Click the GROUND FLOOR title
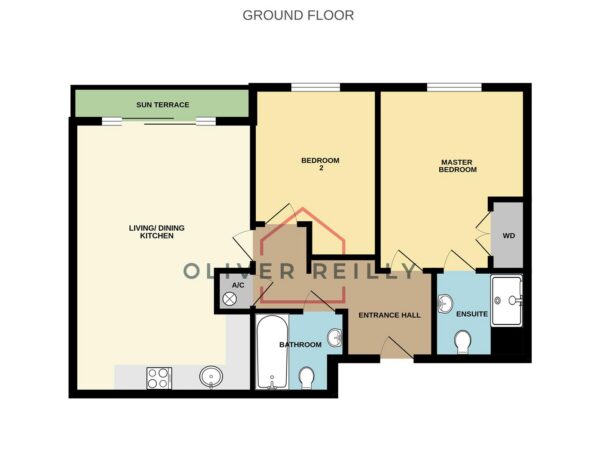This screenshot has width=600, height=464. pos(298,15)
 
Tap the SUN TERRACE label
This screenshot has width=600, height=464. pos(163,104)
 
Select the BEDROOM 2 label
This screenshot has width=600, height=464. pos(320,164)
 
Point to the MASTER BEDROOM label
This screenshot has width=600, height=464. pos(458,166)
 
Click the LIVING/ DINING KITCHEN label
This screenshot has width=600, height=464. pos(157,232)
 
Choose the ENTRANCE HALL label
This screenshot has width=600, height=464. pos(390,315)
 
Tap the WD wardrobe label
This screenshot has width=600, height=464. pos(509,236)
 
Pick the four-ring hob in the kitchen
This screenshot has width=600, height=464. pos(159,378)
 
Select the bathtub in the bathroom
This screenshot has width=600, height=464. pos(272,352)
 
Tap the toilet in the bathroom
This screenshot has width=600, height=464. pos(306,378)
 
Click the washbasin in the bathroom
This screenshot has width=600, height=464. pos(335,338)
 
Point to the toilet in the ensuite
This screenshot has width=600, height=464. pos(463,342)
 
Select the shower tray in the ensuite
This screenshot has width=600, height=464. pos(507,301)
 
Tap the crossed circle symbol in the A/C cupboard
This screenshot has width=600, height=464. pos(229,299)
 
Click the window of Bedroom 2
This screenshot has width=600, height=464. pos(315,88)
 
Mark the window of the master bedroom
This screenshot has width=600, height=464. pos(454,88)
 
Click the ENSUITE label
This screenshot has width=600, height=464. pos(472,314)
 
